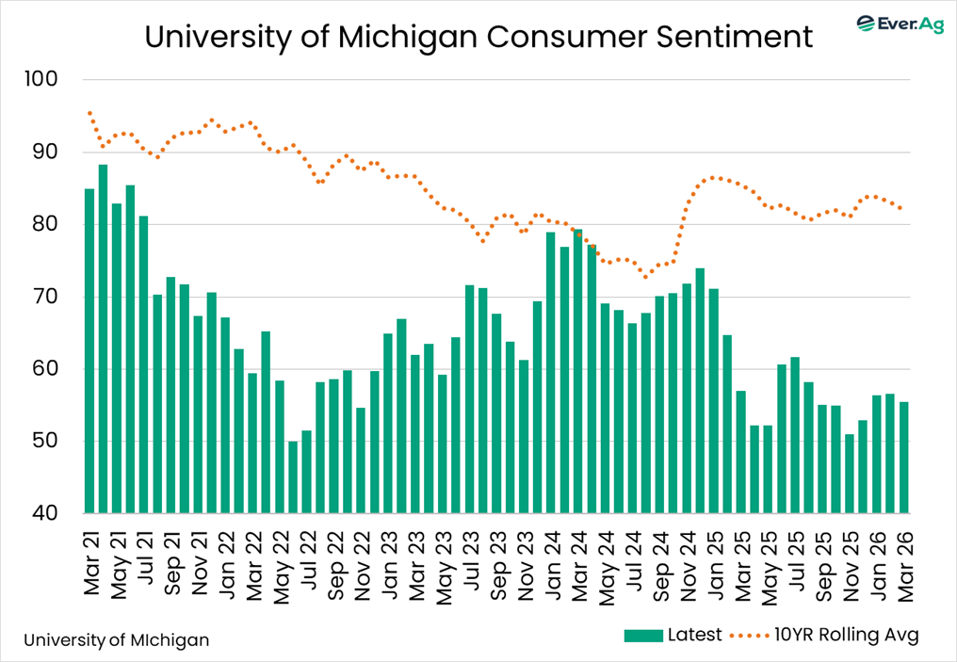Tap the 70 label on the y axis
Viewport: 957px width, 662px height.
(x=46, y=297)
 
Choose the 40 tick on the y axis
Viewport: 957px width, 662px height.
(x=46, y=513)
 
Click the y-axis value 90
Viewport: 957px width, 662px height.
(x=46, y=152)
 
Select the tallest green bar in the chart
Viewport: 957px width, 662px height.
(x=103, y=339)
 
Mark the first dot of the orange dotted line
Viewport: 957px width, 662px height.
(x=89, y=113)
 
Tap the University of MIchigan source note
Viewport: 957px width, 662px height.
(x=117, y=640)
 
